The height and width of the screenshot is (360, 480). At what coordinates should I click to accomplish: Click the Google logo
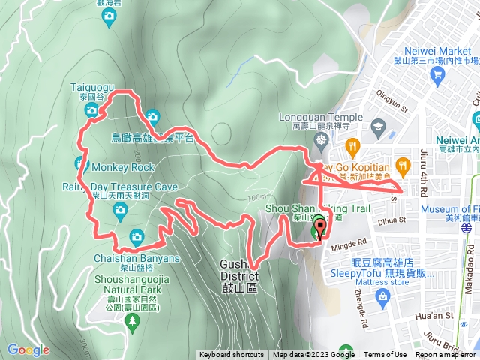click(28, 349)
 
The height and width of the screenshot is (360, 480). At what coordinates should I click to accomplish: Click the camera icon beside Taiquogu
click(91, 111)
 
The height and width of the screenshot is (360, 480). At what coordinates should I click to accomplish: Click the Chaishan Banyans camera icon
click(136, 236)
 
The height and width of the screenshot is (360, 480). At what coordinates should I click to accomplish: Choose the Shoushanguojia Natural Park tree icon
click(133, 322)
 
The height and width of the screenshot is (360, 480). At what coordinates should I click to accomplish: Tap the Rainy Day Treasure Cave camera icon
click(120, 212)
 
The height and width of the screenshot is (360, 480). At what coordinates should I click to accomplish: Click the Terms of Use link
click(385, 355)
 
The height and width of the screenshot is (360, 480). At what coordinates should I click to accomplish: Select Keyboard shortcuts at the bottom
click(231, 355)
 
